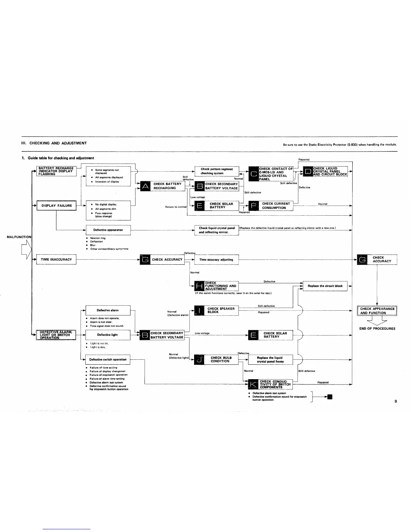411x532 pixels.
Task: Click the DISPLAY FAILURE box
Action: click(56, 206)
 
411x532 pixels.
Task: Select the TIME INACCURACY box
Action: click(56, 260)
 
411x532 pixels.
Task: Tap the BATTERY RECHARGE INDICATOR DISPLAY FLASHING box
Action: click(56, 171)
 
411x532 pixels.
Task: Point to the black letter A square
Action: click(145, 186)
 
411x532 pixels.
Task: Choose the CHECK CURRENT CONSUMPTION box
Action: click(276, 206)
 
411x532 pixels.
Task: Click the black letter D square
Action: click(308, 172)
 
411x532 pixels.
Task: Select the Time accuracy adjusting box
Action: click(216, 260)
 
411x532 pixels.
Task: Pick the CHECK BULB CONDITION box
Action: click(221, 360)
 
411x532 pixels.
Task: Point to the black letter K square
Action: click(254, 384)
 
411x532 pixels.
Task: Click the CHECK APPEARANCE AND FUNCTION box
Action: click(377, 311)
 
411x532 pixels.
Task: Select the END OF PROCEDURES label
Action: click(377, 328)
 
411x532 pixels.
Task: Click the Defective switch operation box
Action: click(108, 360)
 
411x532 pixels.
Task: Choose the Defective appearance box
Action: click(108, 230)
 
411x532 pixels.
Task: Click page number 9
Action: click(396, 401)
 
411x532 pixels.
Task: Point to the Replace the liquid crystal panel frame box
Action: click(270, 360)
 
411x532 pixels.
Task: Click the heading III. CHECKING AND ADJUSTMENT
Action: click(54, 143)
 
